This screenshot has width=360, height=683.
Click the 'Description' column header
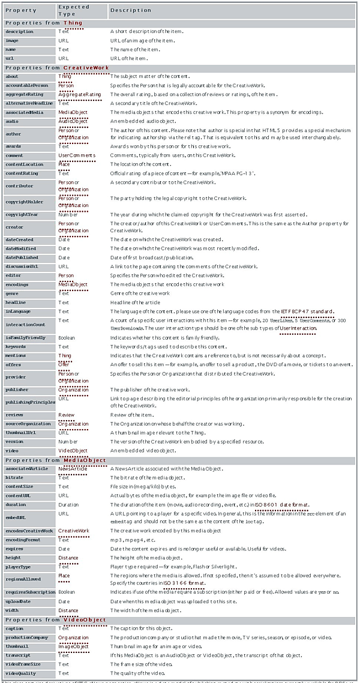(x=127, y=11)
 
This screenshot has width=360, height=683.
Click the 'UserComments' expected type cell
(x=77, y=155)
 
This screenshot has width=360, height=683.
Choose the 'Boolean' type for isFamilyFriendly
(x=67, y=338)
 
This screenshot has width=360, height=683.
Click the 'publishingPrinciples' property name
(x=28, y=402)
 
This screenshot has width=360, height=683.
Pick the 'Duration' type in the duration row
(x=69, y=505)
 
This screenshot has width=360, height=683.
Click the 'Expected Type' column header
(x=73, y=11)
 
